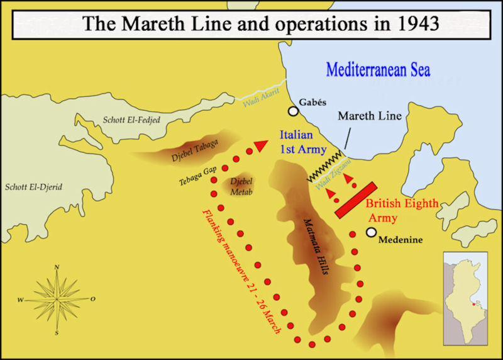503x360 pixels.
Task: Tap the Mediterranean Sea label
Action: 378,69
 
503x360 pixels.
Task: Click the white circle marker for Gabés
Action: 293,112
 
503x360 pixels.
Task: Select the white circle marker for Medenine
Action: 372,232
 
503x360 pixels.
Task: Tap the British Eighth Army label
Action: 402,211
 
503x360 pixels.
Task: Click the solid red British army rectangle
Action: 356,200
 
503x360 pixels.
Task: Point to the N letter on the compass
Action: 57,267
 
